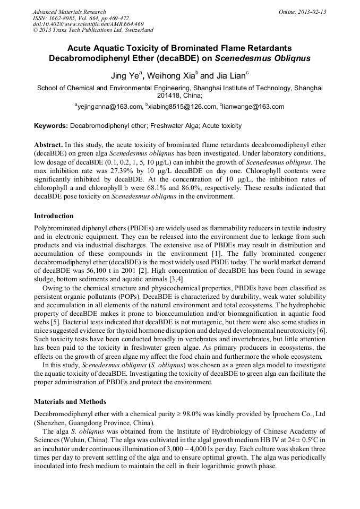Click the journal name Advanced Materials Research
[x=70, y=12]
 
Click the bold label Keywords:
[x=51, y=126]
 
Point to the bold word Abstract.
[x=48, y=145]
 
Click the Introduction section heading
[x=54, y=216]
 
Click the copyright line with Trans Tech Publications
[x=93, y=31]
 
